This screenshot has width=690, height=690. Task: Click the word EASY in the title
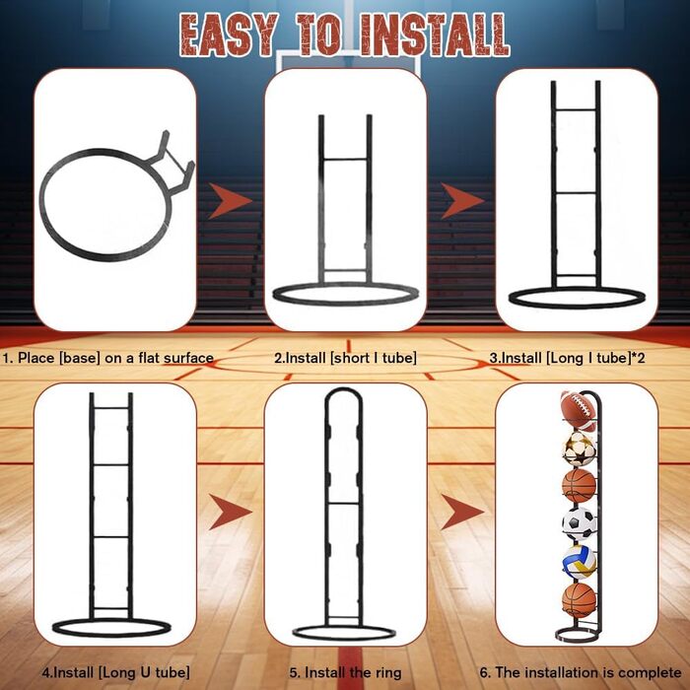tap(230, 34)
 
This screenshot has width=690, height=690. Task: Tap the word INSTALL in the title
tap(435, 34)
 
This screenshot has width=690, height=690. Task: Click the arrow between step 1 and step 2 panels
tap(230, 201)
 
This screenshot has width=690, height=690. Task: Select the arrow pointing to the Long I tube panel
tap(462, 201)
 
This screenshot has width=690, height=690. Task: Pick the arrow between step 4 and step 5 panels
tap(230, 512)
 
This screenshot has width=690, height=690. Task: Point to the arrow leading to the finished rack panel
tap(462, 512)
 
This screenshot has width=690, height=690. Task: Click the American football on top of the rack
tap(579, 410)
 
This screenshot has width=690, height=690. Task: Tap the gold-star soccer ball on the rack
tap(580, 448)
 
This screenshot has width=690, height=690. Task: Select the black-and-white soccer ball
tap(580, 524)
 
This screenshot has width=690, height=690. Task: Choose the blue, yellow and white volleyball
tap(580, 562)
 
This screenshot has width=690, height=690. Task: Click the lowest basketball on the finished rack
tap(580, 600)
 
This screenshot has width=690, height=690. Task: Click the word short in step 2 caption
tap(351, 358)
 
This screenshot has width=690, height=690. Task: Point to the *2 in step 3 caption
tap(639, 358)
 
